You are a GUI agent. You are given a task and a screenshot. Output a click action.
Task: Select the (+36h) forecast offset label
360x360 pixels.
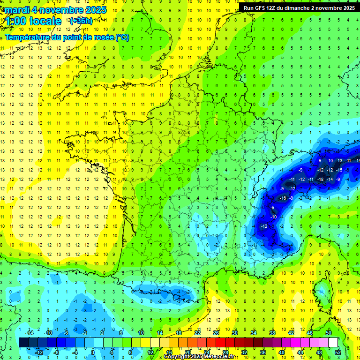[81, 21]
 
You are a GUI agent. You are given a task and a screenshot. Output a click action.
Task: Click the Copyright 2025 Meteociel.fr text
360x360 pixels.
[199, 357]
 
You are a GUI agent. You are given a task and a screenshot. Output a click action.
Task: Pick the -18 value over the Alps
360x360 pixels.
[321, 179]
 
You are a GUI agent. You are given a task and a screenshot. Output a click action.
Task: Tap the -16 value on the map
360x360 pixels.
[283, 198]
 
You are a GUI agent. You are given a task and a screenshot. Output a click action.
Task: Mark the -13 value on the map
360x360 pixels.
[339, 161]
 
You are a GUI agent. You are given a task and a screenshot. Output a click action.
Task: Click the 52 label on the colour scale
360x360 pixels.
[337, 352]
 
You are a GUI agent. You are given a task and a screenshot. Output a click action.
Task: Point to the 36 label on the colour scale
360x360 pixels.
[262, 352]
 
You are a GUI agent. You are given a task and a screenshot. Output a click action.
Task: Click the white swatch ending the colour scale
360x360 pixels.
[333, 343]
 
